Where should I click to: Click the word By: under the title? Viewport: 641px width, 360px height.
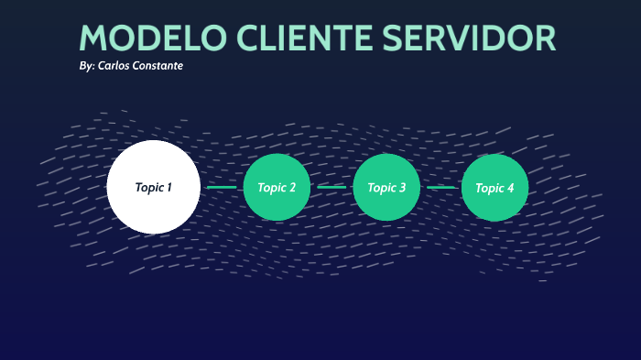[x=87, y=67]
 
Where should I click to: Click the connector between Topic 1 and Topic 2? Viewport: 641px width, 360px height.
[x=222, y=188]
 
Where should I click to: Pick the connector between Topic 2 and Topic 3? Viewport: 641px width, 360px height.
[x=331, y=188]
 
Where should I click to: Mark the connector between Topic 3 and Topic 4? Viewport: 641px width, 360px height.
[x=440, y=188]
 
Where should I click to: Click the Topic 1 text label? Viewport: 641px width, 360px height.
[x=153, y=188]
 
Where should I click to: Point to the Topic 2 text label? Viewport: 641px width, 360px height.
[x=277, y=188]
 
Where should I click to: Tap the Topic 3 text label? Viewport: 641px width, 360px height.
[x=386, y=188]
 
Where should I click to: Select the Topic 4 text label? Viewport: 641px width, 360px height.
[x=494, y=188]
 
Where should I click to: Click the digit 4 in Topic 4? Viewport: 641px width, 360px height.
[x=510, y=188]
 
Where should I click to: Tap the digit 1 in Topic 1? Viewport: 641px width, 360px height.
[x=168, y=188]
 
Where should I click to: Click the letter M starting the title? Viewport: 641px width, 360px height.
[x=95, y=38]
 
